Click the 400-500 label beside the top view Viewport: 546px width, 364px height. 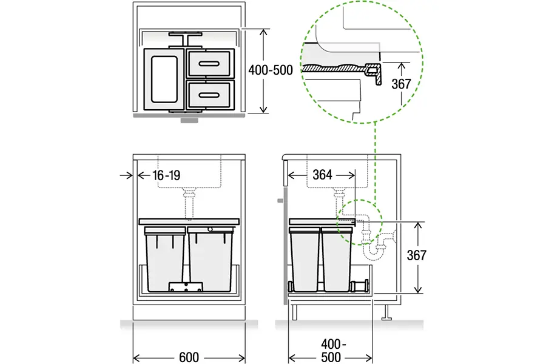[271, 70]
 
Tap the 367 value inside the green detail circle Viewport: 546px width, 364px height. [401, 84]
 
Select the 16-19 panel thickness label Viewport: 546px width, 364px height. [166, 175]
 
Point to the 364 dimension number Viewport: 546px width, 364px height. [322, 175]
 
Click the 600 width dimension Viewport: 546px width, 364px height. [189, 357]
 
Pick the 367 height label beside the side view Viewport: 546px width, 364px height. [416, 255]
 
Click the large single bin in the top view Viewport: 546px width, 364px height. [164, 79]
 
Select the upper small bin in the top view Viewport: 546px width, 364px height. [211, 63]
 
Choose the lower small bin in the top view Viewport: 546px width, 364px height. [211, 95]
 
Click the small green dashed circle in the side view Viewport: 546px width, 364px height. [360, 222]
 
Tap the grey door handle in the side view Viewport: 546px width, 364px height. [280, 201]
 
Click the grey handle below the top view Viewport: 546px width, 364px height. [189, 120]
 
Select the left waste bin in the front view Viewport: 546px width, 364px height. [164, 259]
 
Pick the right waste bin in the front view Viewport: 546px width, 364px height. [211, 259]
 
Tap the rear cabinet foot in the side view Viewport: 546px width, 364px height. [386, 312]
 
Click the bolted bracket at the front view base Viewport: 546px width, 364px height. [186, 287]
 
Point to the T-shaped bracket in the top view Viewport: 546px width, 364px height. [185, 39]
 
